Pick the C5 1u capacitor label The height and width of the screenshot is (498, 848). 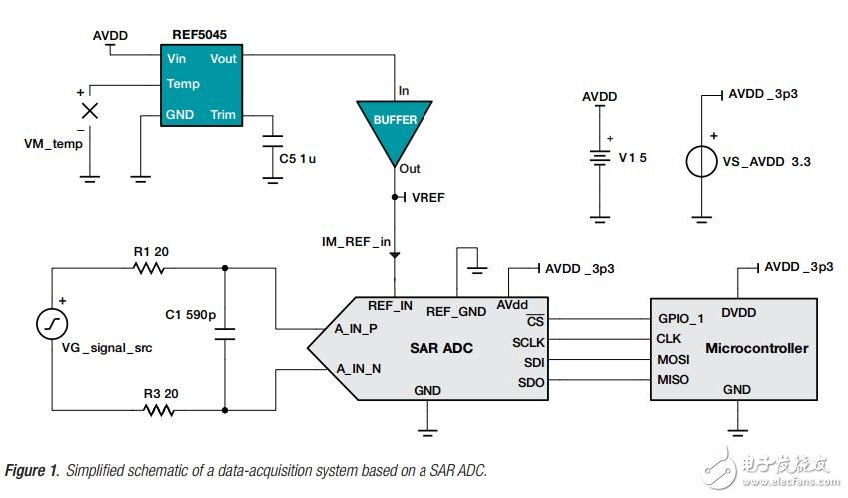coord(302,158)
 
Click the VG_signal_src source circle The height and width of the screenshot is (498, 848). coord(52,324)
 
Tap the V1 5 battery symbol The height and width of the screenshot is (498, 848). coord(599,156)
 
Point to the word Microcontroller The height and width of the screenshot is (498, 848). coord(756,349)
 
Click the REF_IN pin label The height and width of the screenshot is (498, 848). coord(390,306)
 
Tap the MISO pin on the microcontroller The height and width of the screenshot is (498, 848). coord(674,379)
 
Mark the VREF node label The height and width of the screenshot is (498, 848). coord(427,197)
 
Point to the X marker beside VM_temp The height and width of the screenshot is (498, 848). coord(90,110)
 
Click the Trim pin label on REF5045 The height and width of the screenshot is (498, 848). coord(223,114)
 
